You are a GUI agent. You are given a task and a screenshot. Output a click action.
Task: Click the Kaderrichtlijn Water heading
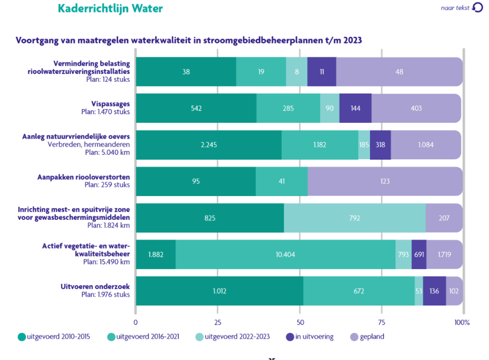(x=110, y=8)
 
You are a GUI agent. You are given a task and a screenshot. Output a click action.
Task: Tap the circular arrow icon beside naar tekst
(x=478, y=7)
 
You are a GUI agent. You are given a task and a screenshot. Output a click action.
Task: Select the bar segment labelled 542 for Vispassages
(x=196, y=108)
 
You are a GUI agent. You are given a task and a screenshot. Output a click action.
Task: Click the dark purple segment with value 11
(x=322, y=72)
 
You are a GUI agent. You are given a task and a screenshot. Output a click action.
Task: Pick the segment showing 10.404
(x=285, y=254)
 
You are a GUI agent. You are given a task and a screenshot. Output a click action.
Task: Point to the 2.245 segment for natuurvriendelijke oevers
(x=208, y=145)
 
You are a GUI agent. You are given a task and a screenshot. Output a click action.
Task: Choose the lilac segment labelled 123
(x=385, y=181)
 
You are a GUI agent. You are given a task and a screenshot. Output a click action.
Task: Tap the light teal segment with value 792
(x=354, y=218)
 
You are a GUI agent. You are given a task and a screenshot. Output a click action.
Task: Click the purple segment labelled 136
(x=434, y=291)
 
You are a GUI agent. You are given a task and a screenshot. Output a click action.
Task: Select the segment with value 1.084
(x=426, y=145)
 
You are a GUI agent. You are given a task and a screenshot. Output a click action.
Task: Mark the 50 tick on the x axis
(x=299, y=321)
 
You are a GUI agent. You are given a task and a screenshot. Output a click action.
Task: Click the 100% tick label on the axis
(x=462, y=321)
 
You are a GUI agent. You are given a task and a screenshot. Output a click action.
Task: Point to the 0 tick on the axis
(x=136, y=321)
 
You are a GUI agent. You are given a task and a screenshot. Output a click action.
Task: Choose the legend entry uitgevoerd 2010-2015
(x=59, y=337)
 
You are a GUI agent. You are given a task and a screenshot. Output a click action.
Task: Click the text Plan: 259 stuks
(x=106, y=185)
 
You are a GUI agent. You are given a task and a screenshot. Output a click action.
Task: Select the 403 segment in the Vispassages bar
(x=416, y=108)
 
